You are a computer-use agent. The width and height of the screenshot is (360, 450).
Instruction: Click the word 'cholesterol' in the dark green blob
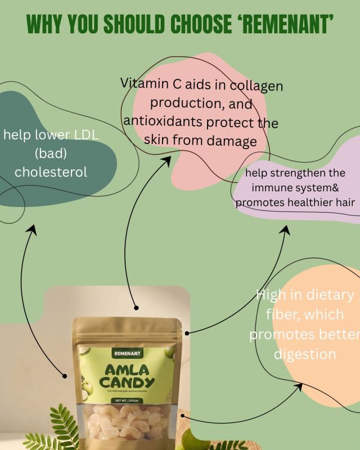coord(51,172)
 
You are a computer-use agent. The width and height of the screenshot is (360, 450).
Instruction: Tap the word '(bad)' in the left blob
coord(51,154)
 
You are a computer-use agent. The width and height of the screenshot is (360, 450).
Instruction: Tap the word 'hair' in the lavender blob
coord(345,202)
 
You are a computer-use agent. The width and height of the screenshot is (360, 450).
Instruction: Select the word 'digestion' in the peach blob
coord(305,354)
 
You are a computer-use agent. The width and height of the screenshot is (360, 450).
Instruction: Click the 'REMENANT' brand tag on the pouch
coord(127,353)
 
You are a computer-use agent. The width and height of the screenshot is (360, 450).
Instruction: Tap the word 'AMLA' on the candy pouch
coord(127,370)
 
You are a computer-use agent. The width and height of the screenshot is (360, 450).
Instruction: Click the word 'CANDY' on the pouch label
coord(127,385)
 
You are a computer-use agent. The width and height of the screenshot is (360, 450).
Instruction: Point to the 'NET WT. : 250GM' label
coord(127,400)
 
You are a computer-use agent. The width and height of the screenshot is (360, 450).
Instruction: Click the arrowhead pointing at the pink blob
coord(167,160)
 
